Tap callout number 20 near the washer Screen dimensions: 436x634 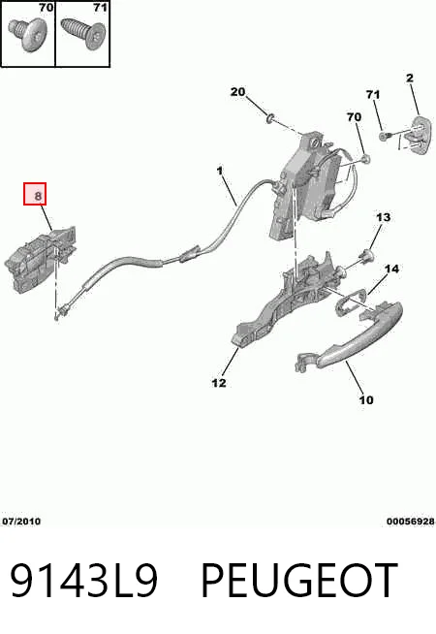[x=237, y=92]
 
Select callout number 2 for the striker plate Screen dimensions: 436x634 [x=410, y=78]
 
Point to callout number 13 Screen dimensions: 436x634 [x=383, y=217]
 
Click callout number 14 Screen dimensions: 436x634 [x=391, y=269]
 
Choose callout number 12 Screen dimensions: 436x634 [x=219, y=383]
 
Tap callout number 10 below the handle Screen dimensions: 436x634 [x=366, y=400]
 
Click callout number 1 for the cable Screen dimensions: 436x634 [x=219, y=171]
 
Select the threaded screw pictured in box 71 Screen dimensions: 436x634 [x=82, y=33]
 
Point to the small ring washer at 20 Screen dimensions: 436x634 [x=270, y=118]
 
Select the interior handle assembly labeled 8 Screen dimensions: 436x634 [x=40, y=259]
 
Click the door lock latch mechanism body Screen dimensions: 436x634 [x=307, y=186]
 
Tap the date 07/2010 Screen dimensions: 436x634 [x=21, y=522]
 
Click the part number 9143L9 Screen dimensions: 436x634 [x=83, y=580]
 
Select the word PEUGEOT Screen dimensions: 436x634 [x=299, y=580]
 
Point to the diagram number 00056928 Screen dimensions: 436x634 [x=411, y=522]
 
